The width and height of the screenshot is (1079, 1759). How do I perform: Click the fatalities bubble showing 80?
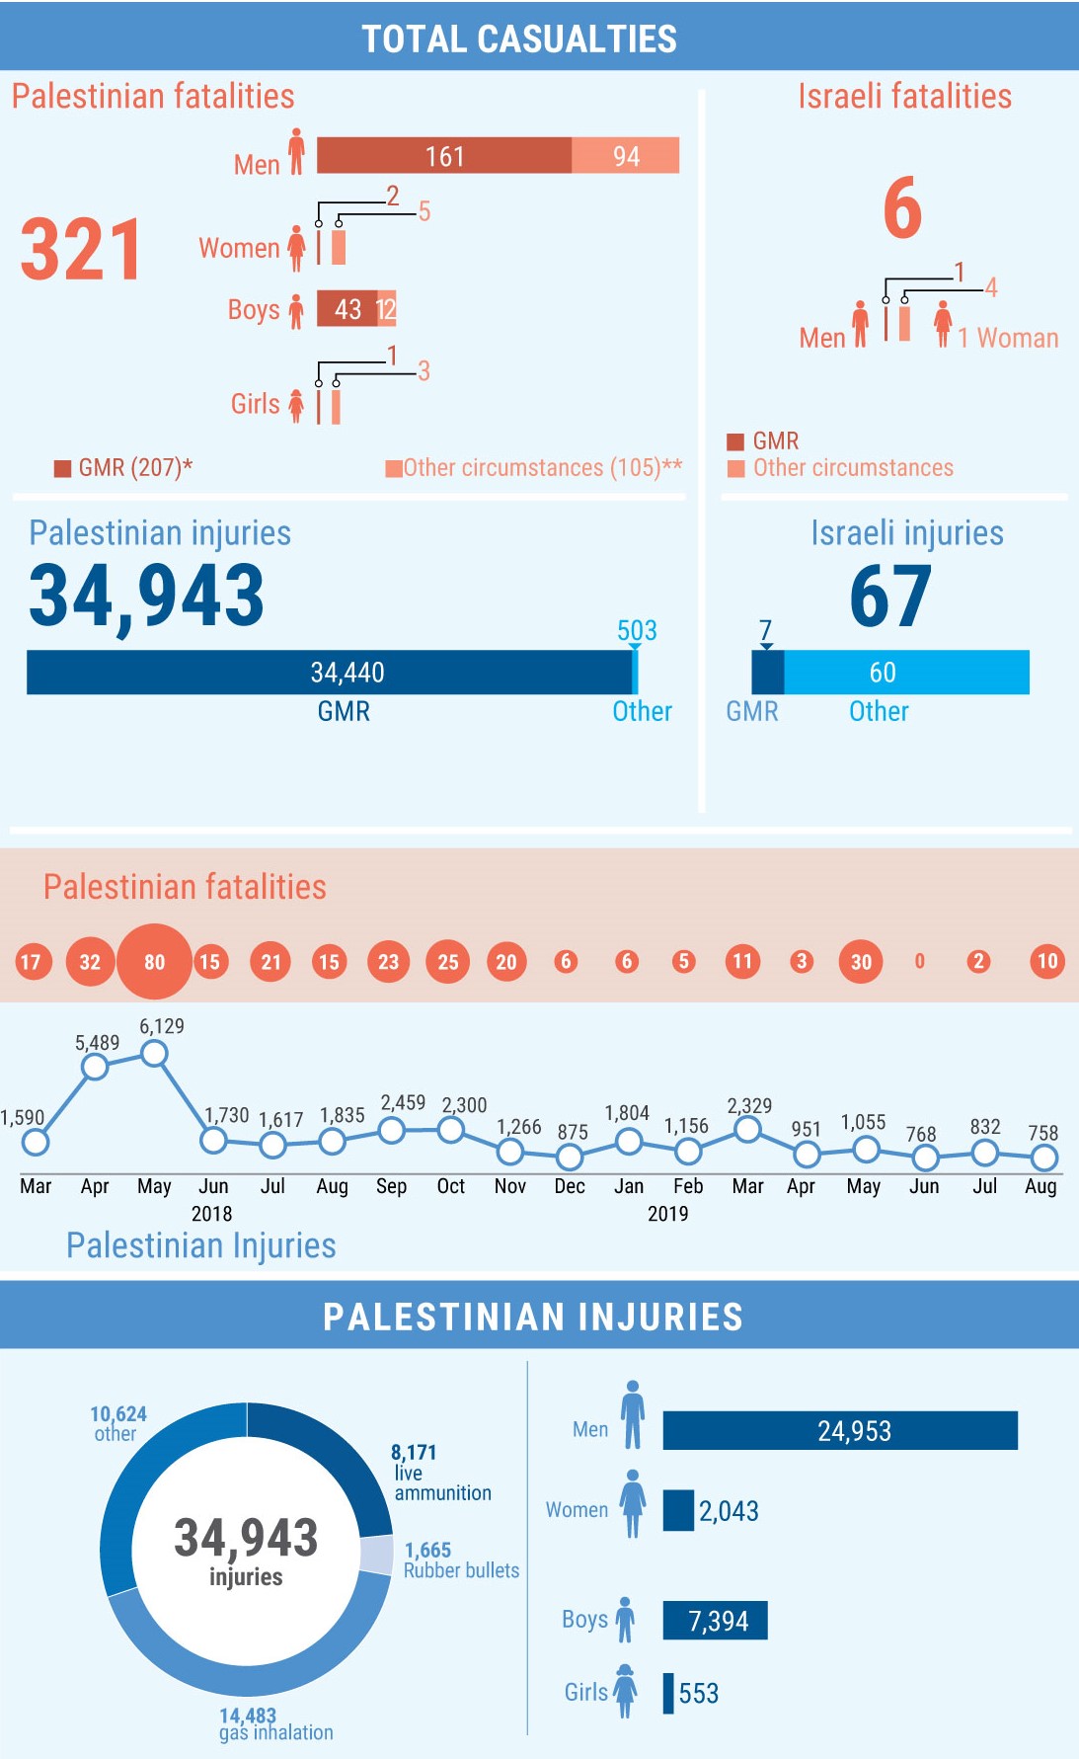[154, 961]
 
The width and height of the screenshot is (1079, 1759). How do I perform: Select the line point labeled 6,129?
[154, 1054]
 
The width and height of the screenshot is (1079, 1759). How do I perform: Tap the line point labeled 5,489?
[95, 1067]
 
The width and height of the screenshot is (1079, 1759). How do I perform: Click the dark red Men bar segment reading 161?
[444, 156]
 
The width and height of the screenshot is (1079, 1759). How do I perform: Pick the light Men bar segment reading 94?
[626, 156]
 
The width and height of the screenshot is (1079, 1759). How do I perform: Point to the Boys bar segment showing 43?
[347, 309]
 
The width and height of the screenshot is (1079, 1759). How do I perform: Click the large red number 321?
[81, 250]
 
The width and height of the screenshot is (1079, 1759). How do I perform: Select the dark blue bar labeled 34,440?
[330, 673]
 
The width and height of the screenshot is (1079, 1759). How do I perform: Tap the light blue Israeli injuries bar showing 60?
[906, 673]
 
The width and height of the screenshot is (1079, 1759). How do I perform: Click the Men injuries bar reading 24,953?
[840, 1430]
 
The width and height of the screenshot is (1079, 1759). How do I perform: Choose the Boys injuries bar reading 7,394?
[715, 1621]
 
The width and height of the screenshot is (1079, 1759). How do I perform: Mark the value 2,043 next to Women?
[729, 1511]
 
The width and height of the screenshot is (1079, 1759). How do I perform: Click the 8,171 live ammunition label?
[441, 1473]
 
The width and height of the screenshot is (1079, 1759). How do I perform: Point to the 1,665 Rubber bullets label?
[461, 1560]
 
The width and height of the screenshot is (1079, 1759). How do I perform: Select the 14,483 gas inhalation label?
[275, 1724]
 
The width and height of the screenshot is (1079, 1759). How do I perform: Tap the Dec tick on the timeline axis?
[570, 1186]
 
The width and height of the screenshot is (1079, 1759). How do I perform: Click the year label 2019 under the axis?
[667, 1214]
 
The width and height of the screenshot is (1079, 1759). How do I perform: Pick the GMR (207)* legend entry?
[123, 467]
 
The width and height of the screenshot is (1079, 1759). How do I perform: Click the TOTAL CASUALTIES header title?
[519, 39]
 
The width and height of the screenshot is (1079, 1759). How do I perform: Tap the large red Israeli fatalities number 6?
[902, 208]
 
